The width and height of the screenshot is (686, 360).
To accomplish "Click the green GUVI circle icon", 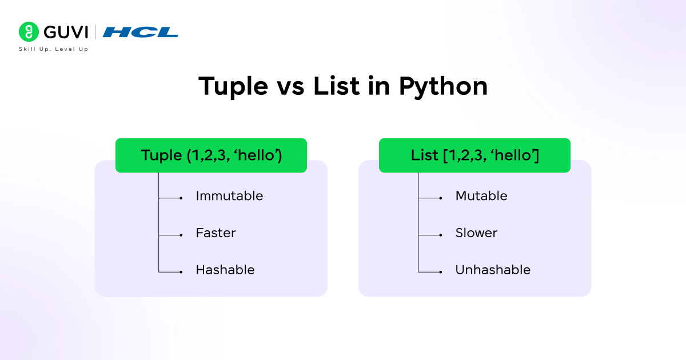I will click(29, 31).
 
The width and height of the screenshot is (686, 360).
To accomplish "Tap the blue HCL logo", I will click(141, 32).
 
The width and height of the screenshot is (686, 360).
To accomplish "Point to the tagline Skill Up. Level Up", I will click(54, 49).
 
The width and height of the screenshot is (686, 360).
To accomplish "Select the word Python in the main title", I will click(443, 86).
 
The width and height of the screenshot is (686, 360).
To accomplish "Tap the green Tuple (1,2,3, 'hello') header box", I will click(211, 155).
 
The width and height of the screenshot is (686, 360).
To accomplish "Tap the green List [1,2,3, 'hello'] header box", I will click(474, 155).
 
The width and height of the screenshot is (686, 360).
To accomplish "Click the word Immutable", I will click(229, 196).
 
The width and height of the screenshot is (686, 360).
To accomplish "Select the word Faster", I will click(216, 233).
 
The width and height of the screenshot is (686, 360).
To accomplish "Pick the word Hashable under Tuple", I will click(225, 270).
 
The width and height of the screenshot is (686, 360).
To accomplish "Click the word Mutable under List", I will click(481, 196).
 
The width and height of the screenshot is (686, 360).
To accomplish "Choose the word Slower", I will click(476, 233).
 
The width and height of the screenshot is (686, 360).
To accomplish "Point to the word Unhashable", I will click(493, 270).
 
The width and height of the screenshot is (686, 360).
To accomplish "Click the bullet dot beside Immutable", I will click(181, 198).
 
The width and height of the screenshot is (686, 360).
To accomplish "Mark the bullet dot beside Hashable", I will click(181, 271).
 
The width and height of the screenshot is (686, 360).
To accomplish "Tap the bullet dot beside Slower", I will click(440, 235).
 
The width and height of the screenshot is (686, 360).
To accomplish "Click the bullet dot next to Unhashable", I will click(440, 271).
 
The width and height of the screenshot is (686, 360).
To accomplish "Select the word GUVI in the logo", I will click(65, 32).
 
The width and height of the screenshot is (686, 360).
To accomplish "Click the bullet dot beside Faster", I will click(181, 235).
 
